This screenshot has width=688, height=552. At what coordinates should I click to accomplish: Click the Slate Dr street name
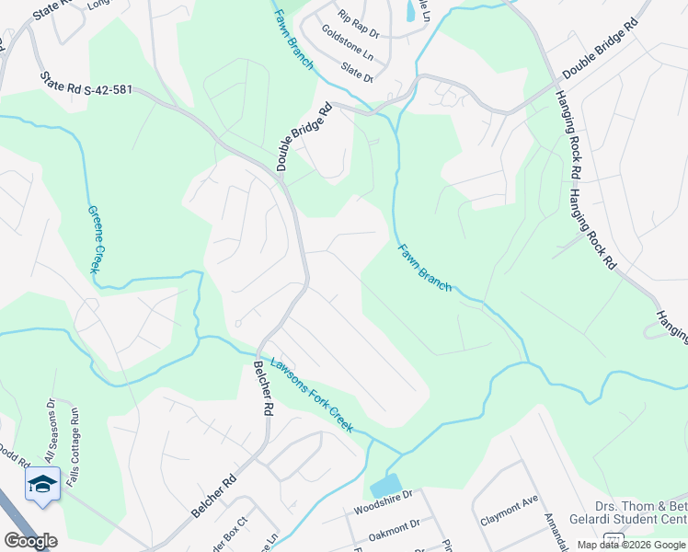[x=357, y=72]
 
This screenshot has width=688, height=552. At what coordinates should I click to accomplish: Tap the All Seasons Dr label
[x=50, y=430]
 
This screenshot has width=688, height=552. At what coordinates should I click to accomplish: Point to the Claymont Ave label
[x=509, y=511]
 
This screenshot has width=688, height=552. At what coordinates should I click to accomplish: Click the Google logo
[x=29, y=540]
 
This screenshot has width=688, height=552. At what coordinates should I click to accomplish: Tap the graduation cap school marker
[x=42, y=485]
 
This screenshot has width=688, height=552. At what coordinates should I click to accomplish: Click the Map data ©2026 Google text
[x=632, y=545]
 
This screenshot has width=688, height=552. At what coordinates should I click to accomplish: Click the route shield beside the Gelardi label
[x=613, y=537]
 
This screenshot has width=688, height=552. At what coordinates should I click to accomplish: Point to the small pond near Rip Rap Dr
[x=408, y=11]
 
